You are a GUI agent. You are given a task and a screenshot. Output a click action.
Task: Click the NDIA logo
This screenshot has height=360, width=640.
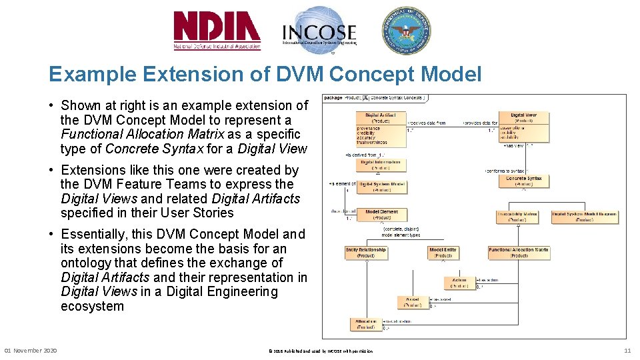[x=217, y=31]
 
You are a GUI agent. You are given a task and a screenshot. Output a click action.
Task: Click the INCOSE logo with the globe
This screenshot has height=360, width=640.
[x=319, y=31]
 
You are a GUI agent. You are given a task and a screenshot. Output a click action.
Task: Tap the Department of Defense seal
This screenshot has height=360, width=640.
[x=405, y=31]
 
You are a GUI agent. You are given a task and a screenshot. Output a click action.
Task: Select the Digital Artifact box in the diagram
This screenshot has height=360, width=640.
[x=381, y=127]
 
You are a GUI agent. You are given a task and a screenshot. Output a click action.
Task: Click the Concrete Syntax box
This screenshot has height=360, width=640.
[x=523, y=181]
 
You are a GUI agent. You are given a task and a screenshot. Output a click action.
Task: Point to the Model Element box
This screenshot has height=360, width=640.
[x=381, y=215]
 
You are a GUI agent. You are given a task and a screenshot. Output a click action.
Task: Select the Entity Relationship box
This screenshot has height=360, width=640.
[x=365, y=252]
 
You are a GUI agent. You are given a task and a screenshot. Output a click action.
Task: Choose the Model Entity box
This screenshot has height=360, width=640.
[x=443, y=252]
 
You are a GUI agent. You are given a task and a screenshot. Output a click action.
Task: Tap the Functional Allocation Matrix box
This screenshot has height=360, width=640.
[x=519, y=252]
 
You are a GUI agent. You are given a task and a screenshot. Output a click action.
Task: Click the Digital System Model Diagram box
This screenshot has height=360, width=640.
[x=584, y=216]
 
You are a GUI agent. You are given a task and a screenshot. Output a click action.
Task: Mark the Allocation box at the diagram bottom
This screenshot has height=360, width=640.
[x=366, y=324]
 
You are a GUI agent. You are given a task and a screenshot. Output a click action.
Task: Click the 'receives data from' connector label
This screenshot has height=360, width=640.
[x=426, y=123]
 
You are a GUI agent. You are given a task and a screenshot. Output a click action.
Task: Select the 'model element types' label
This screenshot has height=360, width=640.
[x=401, y=235]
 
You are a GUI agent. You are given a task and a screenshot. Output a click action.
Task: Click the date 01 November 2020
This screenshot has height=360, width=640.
[x=31, y=351]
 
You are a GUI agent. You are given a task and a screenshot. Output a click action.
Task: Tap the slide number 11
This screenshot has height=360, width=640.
[x=627, y=351]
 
